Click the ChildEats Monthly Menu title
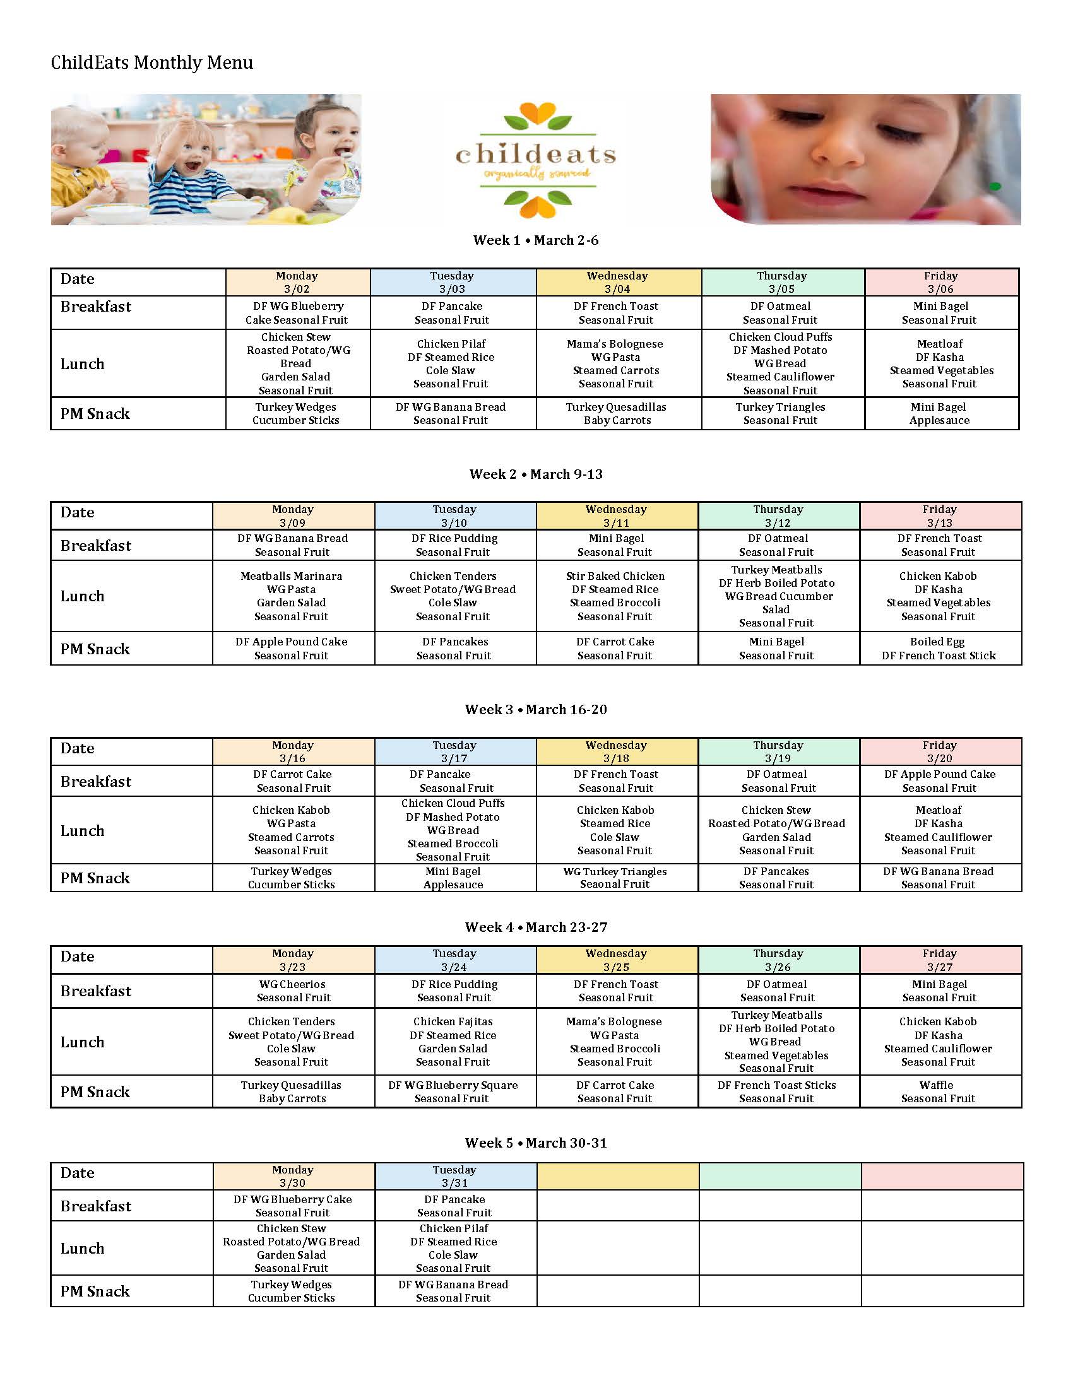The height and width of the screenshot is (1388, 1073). tap(152, 62)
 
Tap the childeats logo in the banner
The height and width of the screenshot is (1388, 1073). tap(536, 160)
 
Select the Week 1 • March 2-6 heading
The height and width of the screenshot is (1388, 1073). tap(535, 240)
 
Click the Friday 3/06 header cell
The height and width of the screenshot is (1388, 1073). tap(941, 282)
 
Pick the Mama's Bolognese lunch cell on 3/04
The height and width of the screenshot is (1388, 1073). tap(615, 363)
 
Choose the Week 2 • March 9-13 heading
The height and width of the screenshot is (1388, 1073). tap(535, 474)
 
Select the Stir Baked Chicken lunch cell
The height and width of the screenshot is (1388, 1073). tap(615, 596)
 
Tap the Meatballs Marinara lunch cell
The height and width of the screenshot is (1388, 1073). tap(291, 596)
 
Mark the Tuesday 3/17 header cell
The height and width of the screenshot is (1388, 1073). tap(454, 751)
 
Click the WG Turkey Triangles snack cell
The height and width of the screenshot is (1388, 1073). tap(615, 878)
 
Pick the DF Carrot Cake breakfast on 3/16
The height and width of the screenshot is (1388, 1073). tap(292, 780)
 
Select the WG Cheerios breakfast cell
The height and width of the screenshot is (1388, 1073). tap(292, 991)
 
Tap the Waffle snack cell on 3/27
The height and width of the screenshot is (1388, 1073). tap(937, 1091)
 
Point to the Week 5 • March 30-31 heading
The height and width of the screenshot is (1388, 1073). tap(535, 1143)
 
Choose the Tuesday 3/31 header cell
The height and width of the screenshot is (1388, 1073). tap(454, 1176)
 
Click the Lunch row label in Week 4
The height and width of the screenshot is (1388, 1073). tap(83, 1042)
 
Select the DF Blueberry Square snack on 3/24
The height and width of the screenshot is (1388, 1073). tap(453, 1091)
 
